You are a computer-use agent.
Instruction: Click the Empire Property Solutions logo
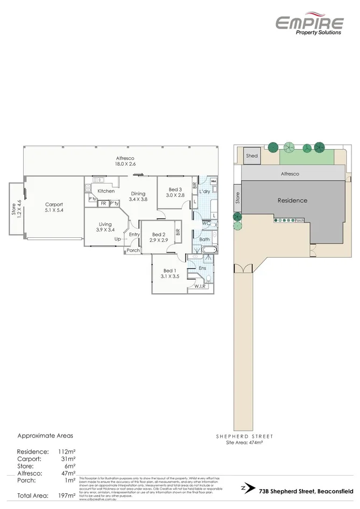pos(309,25)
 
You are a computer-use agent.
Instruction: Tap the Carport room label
pos(54,208)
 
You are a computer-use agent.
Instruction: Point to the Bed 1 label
pos(169,273)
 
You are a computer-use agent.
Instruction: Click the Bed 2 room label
pos(158,237)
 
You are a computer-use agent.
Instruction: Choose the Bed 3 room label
pos(175,193)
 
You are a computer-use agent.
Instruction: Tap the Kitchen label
pos(106,191)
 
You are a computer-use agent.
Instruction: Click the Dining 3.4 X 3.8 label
pos(137,196)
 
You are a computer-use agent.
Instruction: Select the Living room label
pos(105,227)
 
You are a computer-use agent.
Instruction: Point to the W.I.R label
pos(201,286)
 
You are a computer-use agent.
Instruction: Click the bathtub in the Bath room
pos(208,250)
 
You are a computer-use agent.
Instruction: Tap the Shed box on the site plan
pos(252,155)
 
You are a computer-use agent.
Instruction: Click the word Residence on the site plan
pos(292,200)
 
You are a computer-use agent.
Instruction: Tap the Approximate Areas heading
pos(45,436)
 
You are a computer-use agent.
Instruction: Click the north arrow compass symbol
pos(246,489)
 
